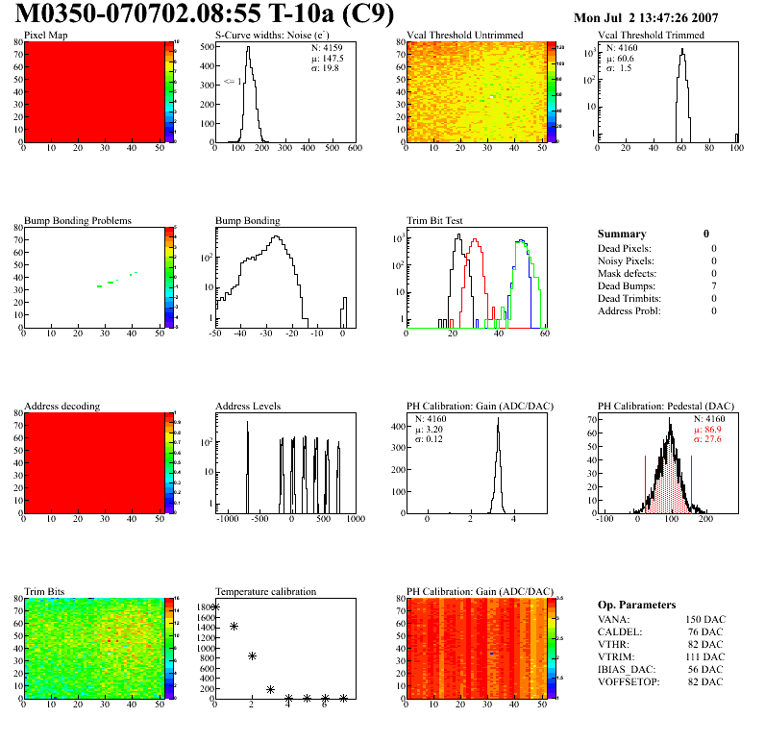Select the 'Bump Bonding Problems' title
point(77,220)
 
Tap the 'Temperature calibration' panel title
point(265,591)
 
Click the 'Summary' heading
point(622,234)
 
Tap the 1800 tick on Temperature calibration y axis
point(205,607)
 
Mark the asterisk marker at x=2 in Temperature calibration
point(252,655)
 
